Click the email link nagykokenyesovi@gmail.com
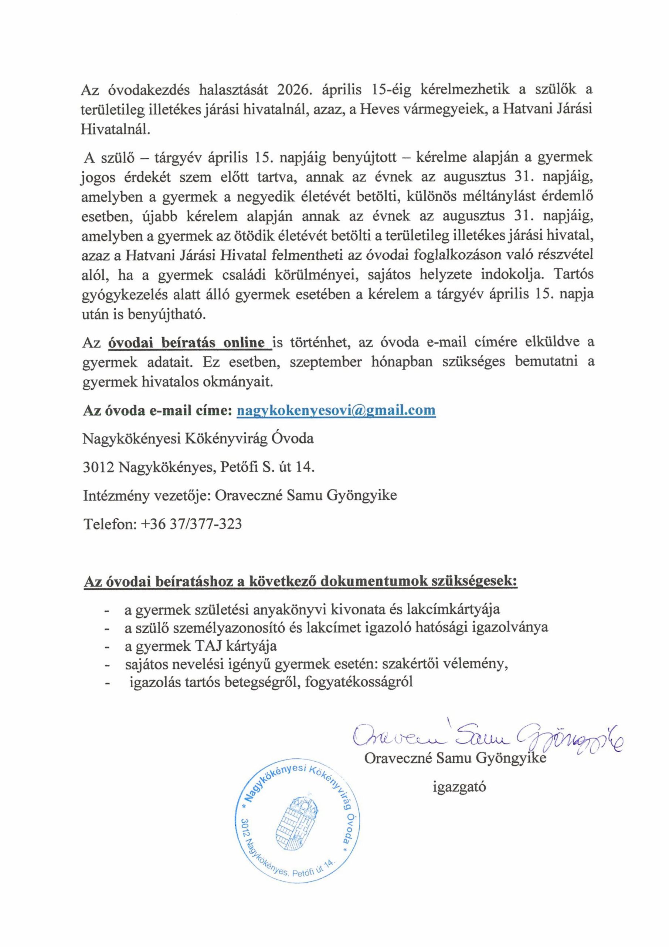336,410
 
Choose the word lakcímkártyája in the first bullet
453,609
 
